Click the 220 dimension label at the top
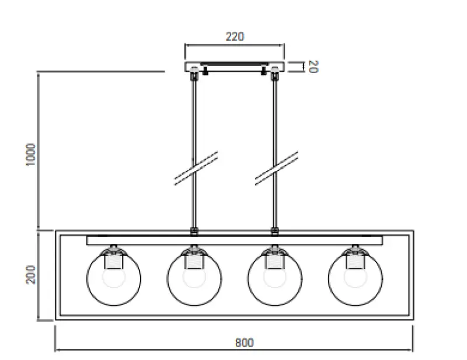234,36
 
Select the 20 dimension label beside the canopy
312,67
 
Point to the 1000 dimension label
32,155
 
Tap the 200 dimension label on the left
32,274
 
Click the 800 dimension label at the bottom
244,342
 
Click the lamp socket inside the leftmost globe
113,261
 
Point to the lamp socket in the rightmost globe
355,261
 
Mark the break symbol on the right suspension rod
277,169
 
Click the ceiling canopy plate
234,66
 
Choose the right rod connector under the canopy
274,74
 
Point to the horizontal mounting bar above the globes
234,240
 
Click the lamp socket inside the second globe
194,261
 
